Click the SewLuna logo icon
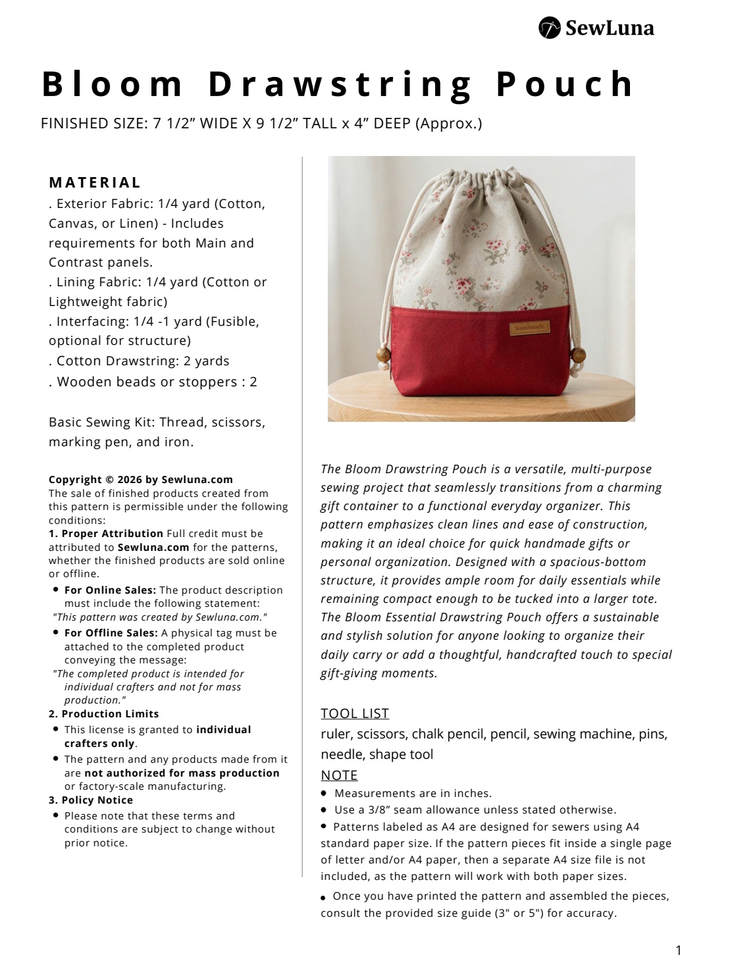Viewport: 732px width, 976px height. tap(550, 28)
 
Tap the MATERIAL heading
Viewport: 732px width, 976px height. tap(95, 182)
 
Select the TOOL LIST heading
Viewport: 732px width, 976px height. tap(355, 713)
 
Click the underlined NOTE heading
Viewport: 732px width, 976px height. tap(339, 775)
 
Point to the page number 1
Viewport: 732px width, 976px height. tap(679, 950)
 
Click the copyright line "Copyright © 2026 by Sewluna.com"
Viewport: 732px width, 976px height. tap(141, 480)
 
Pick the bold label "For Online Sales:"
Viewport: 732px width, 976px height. tap(110, 590)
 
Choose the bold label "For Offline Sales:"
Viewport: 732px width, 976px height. tap(111, 633)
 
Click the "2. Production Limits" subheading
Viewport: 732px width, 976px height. tap(103, 714)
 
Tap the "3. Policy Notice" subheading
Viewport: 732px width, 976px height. tap(91, 800)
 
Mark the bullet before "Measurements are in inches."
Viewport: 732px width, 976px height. tap(324, 794)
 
